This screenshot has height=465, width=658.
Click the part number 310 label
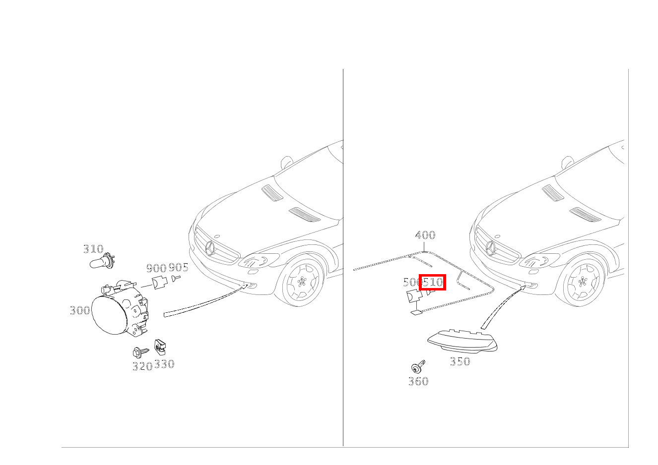click(x=93, y=249)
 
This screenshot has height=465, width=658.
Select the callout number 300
click(x=80, y=310)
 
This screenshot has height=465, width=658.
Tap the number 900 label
click(x=156, y=268)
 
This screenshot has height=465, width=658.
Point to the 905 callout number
click(x=178, y=267)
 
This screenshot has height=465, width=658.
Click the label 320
click(x=142, y=366)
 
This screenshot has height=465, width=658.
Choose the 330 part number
click(x=165, y=364)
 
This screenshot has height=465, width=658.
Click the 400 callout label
click(x=425, y=234)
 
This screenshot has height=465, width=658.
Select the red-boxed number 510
click(x=432, y=282)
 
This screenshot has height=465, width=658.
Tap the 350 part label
click(x=460, y=361)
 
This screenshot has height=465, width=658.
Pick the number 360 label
click(x=418, y=381)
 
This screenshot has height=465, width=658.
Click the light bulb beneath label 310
click(x=102, y=262)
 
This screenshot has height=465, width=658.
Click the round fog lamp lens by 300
click(x=109, y=315)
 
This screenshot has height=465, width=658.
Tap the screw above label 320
click(x=141, y=352)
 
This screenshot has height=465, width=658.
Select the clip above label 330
click(x=160, y=347)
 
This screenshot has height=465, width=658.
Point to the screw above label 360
click(x=418, y=367)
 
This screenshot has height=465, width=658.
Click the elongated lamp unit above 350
click(x=462, y=342)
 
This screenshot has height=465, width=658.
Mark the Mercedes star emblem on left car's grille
click(x=210, y=248)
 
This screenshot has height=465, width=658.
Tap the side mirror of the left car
click(x=287, y=162)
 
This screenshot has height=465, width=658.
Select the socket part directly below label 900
click(x=159, y=282)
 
